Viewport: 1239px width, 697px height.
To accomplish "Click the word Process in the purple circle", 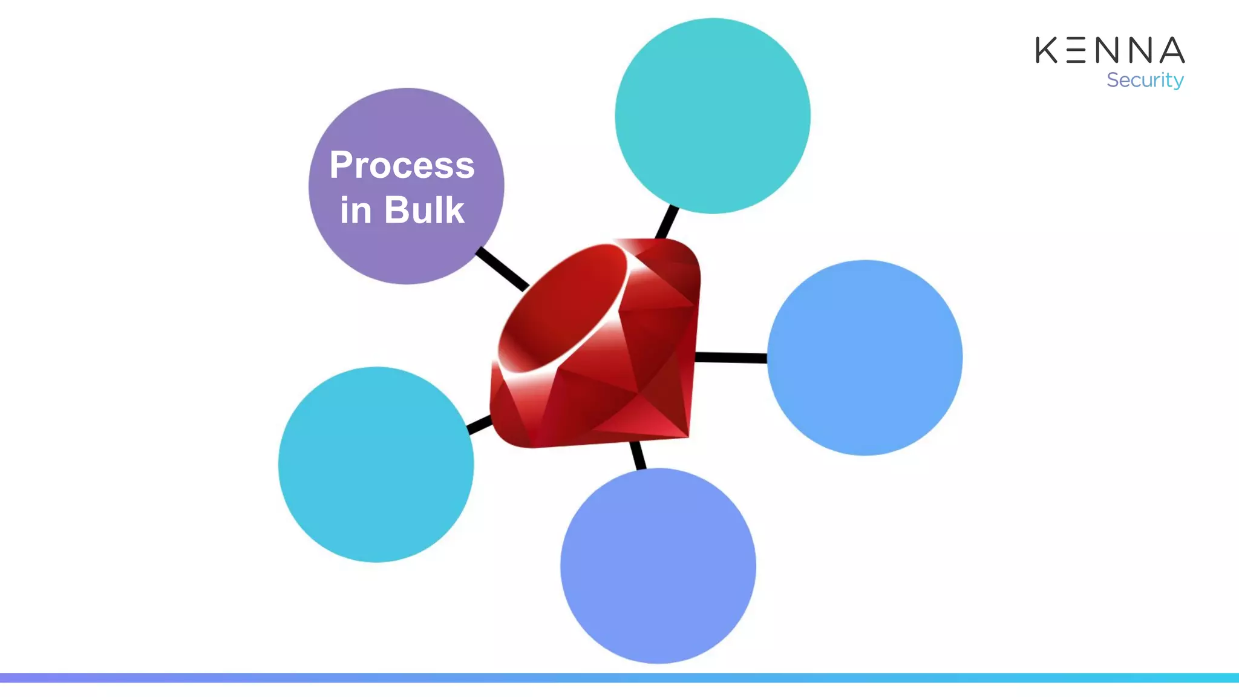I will point(402,165).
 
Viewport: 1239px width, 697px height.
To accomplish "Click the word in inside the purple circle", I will point(355,211).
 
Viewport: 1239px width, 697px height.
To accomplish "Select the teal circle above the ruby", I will point(713,116).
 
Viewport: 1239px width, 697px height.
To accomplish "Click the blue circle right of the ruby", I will point(865,358).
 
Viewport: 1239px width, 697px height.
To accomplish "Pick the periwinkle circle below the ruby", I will point(658,566).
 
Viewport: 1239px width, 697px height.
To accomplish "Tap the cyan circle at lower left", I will point(376,464).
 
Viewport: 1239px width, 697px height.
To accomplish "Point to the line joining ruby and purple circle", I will point(502,269).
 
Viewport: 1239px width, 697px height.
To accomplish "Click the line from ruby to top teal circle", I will point(667,222).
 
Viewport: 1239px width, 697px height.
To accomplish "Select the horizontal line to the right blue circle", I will point(731,358).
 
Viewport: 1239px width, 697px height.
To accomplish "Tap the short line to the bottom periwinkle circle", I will point(638,455).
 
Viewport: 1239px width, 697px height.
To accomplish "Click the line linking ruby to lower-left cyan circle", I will point(480,425).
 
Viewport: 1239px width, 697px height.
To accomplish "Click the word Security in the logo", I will point(1145,80).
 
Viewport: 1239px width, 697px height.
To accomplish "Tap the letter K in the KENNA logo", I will point(1047,50).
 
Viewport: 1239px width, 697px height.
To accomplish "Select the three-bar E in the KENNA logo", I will point(1076,50).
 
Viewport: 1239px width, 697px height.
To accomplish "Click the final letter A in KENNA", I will point(1172,50).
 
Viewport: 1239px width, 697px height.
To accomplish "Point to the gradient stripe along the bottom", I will point(619,678).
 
